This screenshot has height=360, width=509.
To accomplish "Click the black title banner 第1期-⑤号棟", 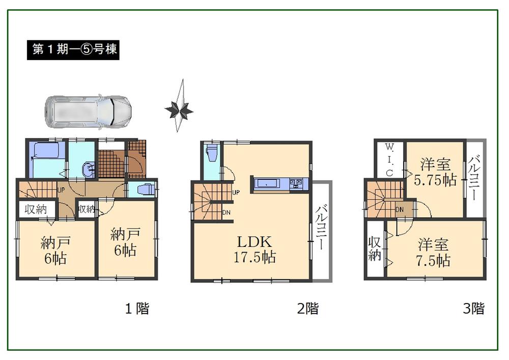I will [73, 50].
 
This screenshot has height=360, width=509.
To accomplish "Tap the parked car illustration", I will [88, 110].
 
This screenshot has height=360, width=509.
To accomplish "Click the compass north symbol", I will [179, 107].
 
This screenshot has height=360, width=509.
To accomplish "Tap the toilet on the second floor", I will [212, 153].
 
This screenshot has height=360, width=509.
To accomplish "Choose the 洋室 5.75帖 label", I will [435, 173].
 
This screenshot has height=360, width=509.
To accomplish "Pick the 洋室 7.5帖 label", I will [434, 253].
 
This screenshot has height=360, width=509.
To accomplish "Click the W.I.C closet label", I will [389, 159].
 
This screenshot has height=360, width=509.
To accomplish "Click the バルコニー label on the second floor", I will [321, 228].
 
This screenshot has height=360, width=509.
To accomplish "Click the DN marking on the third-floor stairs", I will [400, 209].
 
